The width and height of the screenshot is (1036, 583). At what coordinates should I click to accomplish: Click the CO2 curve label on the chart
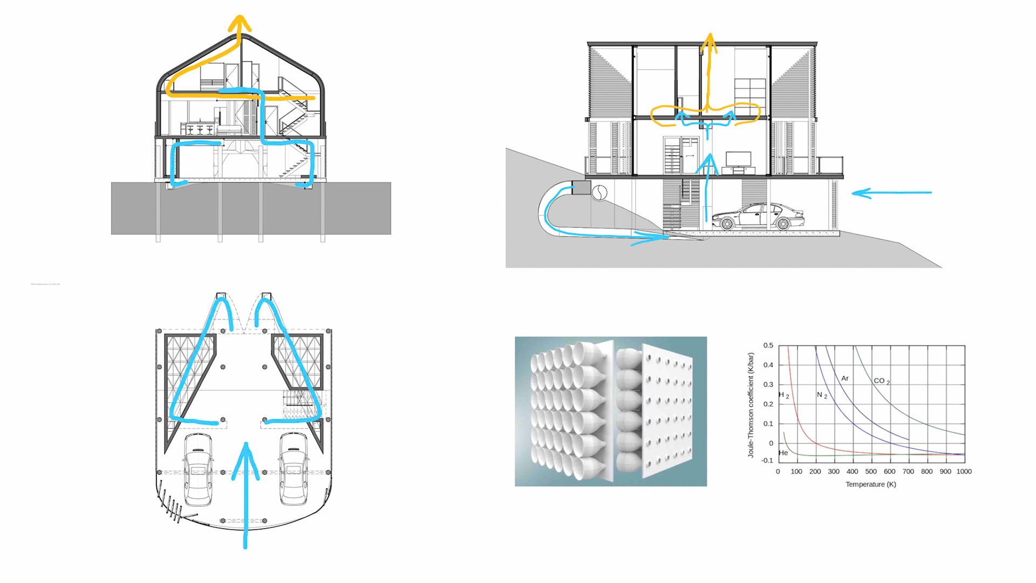point(881,381)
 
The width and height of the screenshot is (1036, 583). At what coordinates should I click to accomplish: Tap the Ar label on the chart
point(845,378)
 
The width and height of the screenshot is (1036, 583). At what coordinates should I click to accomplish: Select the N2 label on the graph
point(822,395)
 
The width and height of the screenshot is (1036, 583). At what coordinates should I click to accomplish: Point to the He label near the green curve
point(783,453)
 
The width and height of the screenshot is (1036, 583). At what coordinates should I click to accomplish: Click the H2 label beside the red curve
point(783,395)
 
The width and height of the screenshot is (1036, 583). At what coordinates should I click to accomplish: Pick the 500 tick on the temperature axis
point(871,471)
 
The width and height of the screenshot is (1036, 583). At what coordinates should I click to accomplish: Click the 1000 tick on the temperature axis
point(964,471)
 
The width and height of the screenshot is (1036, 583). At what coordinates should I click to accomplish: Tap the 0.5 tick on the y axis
point(768,345)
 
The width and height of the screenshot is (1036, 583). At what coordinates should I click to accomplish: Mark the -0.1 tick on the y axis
point(767,460)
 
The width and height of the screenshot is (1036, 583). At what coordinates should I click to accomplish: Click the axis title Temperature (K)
point(870,484)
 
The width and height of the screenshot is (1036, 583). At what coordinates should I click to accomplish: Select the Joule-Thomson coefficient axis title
point(751,405)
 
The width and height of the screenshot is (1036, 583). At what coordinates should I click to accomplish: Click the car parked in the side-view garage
point(758,217)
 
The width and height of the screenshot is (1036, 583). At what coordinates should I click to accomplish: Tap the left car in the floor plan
point(198,470)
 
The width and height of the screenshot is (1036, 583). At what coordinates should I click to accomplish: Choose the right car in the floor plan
point(294,470)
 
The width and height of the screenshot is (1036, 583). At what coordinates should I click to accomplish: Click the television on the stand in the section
point(738,159)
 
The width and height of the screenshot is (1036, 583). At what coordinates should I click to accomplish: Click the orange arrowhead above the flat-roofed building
point(709,42)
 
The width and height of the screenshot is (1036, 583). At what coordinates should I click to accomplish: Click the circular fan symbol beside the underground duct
point(599,192)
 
